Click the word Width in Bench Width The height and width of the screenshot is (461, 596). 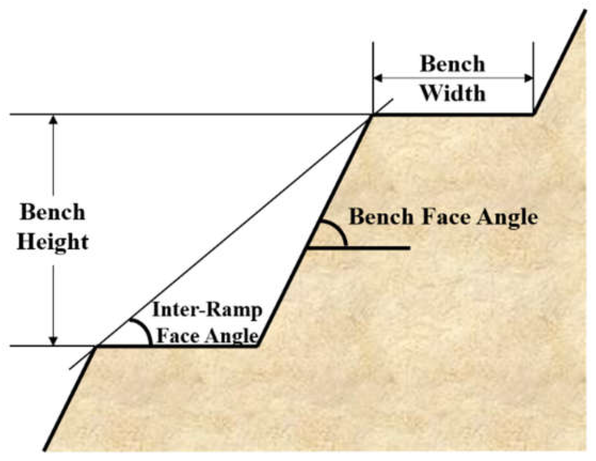(453, 94)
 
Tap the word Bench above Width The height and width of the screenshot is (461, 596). (452, 64)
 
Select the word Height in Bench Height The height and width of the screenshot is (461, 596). (53, 242)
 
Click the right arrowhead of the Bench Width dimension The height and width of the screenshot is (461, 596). (529, 78)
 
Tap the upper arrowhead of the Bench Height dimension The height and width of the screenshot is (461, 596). (54, 120)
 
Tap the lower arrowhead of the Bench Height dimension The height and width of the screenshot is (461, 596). (54, 341)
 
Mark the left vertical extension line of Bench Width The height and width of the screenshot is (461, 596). (373, 68)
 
